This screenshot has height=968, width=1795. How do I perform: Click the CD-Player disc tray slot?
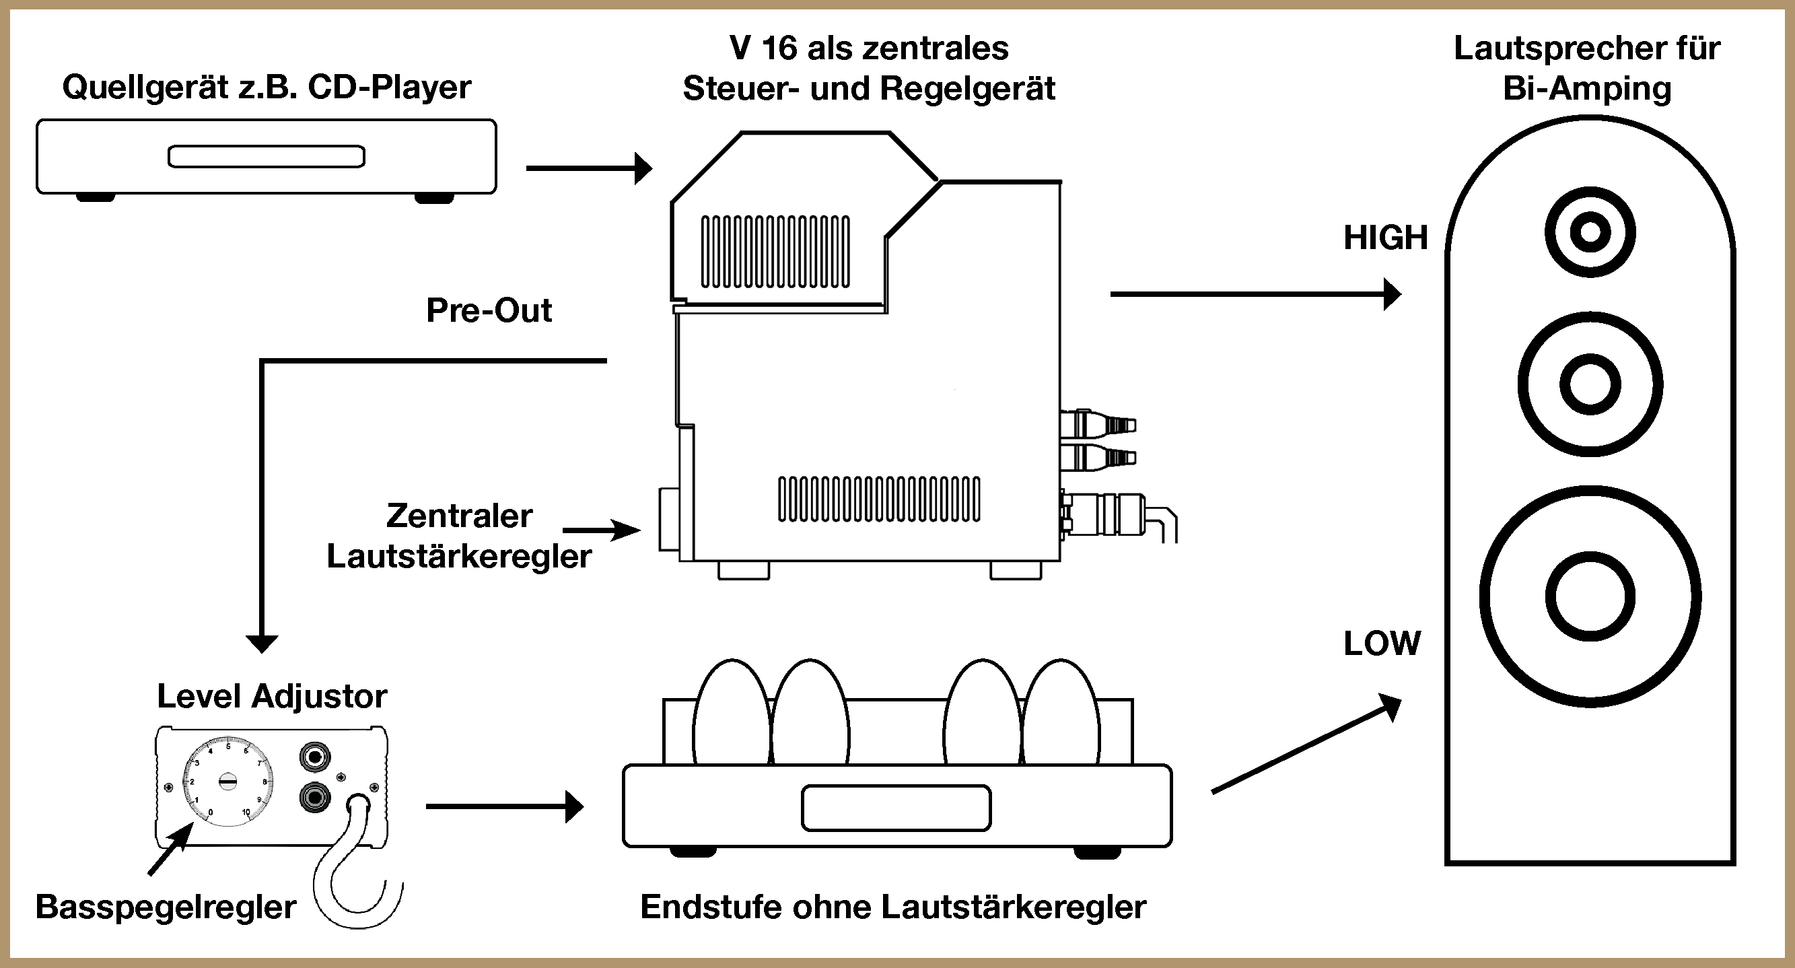click(x=266, y=156)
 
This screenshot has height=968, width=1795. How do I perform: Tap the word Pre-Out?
click(x=489, y=310)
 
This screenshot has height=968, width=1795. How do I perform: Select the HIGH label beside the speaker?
click(x=1385, y=238)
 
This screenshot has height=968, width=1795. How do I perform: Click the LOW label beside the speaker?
click(x=1382, y=644)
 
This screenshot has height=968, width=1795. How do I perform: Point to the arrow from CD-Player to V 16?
click(x=589, y=168)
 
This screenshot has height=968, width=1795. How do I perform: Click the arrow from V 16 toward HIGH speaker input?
click(x=1255, y=294)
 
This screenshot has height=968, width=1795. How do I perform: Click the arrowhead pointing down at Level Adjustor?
click(x=262, y=643)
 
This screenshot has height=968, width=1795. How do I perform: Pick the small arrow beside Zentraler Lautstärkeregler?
click(x=600, y=530)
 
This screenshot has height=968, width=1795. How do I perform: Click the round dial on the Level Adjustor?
click(x=228, y=782)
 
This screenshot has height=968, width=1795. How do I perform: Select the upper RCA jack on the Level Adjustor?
click(x=314, y=756)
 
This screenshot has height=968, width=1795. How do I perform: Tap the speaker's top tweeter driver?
click(x=1590, y=232)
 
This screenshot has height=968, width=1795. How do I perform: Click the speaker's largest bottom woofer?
click(x=1590, y=596)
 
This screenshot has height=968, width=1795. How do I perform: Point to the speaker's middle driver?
click(x=1590, y=384)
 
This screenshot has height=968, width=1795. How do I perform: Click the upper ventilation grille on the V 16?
click(x=775, y=252)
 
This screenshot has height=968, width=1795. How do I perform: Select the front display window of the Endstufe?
click(x=896, y=808)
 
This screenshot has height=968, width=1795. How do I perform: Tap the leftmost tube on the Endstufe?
click(x=732, y=711)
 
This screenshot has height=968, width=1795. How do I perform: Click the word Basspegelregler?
click(x=166, y=907)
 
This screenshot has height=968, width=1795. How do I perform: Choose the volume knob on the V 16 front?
click(x=669, y=520)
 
